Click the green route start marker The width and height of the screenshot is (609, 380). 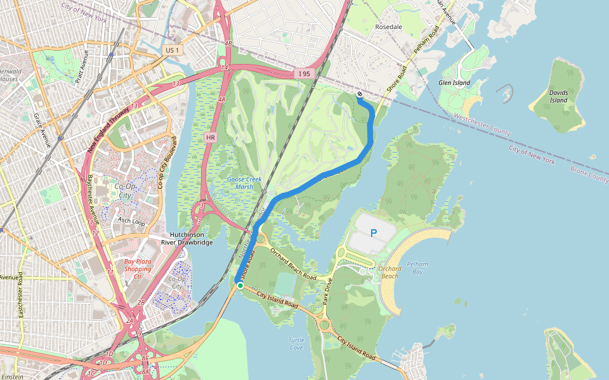pos(240,286)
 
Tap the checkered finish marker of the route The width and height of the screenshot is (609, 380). pos(360,94)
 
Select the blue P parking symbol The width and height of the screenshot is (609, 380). pos(374,233)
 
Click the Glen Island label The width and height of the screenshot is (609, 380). pos(454,83)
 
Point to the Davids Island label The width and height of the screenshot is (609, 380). pos(558,96)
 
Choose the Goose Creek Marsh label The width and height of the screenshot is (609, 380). pos(244,183)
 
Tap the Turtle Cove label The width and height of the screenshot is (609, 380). pos(296,344)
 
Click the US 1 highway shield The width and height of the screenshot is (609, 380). pos(171,49)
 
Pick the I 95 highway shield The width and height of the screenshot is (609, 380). pos(304,74)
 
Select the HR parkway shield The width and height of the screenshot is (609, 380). pos(211,137)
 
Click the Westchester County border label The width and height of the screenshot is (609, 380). pos(482,125)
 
